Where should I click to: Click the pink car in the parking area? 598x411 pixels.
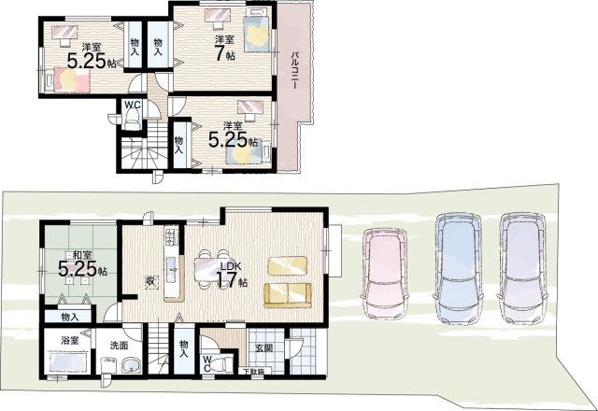[384, 274]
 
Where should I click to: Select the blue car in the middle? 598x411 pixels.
[458, 268]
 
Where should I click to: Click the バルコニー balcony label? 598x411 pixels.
[294, 71]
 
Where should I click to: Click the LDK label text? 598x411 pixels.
[231, 266]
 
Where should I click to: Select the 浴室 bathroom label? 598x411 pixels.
[69, 340]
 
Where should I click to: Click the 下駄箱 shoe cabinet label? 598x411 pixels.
[252, 372]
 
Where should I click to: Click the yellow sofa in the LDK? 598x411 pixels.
[288, 295]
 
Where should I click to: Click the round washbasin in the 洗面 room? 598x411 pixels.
[132, 366]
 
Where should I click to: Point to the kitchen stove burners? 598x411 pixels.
[171, 237]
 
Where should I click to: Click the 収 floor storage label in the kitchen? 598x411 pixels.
[150, 282]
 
